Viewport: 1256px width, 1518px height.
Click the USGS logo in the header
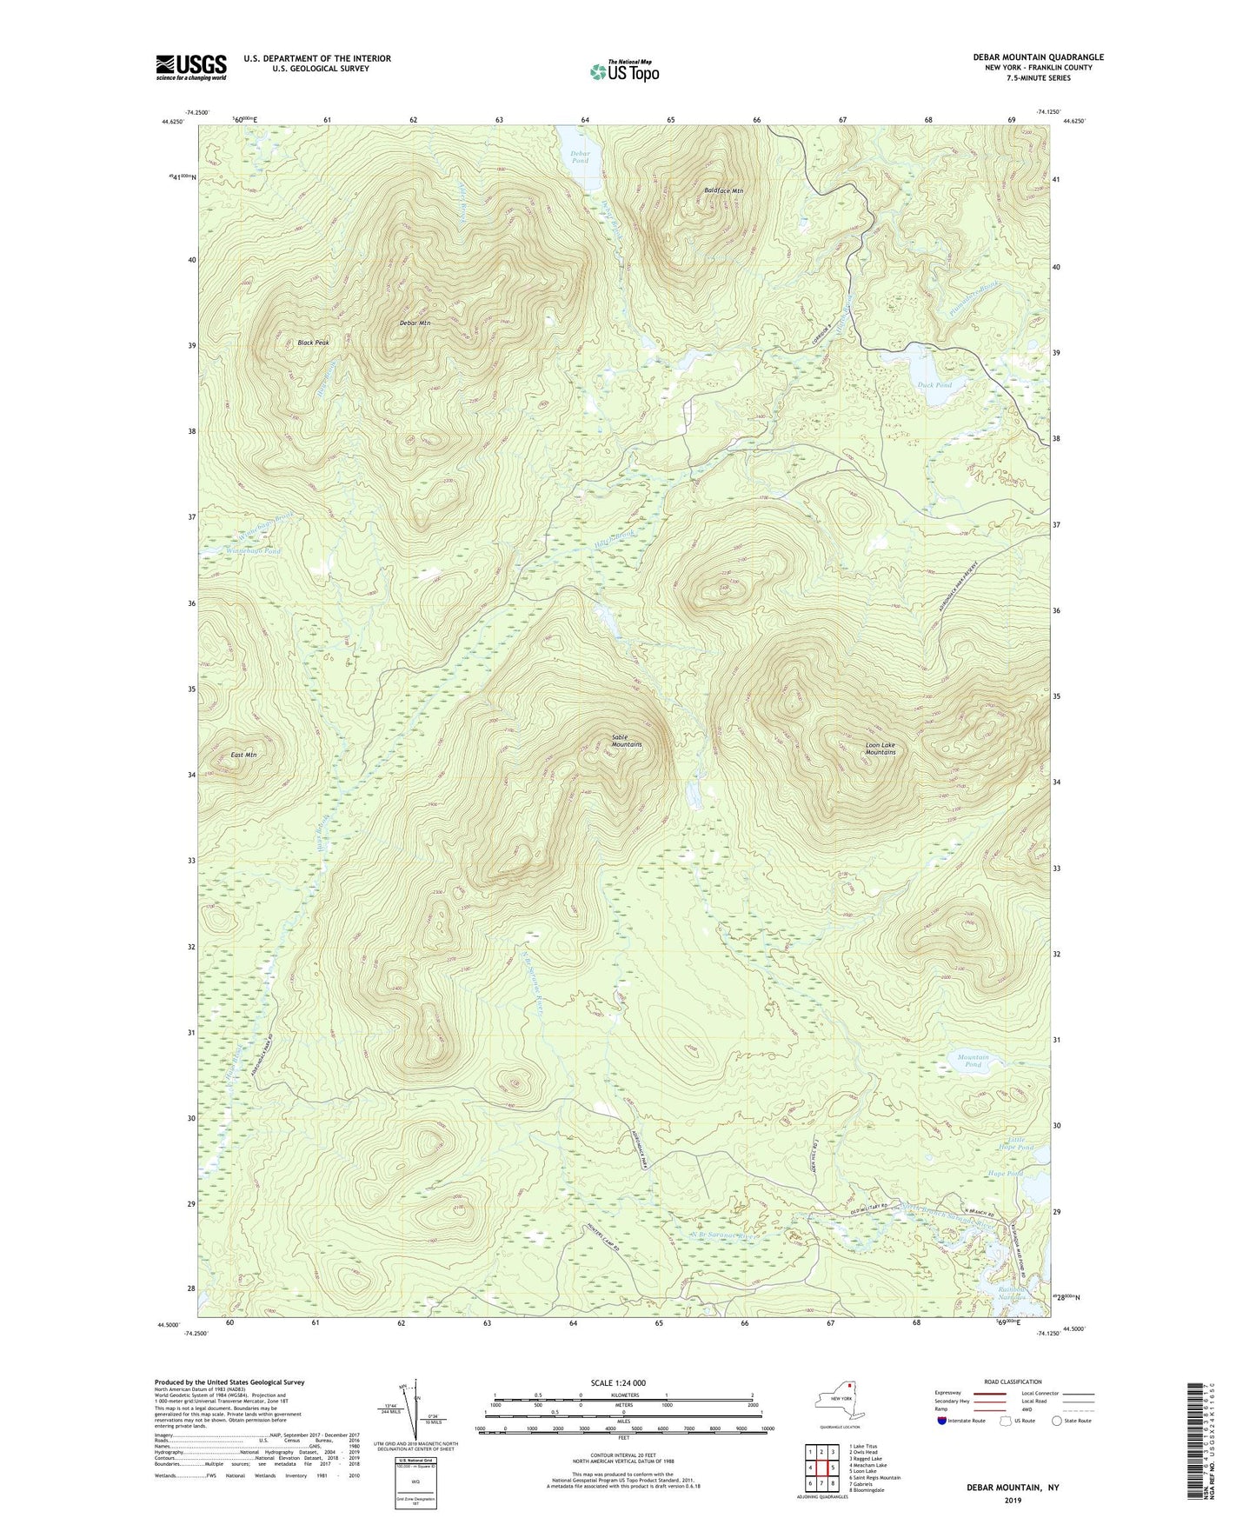191,67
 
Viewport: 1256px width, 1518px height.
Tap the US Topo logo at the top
622,71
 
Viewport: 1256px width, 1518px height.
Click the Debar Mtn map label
415,323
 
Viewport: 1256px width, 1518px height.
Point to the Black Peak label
313,343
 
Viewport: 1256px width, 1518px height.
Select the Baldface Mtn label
723,190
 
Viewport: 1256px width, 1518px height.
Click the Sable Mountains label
626,741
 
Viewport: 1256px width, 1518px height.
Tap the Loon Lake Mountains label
880,749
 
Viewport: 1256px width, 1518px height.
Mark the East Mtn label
243,755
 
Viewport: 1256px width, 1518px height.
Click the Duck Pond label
934,385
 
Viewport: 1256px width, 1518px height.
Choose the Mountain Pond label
973,1061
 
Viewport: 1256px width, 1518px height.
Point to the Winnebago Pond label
254,551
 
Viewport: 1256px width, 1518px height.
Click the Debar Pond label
580,157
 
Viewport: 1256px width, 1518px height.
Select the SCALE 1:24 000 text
623,1383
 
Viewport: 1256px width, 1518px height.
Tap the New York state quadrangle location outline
839,1400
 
